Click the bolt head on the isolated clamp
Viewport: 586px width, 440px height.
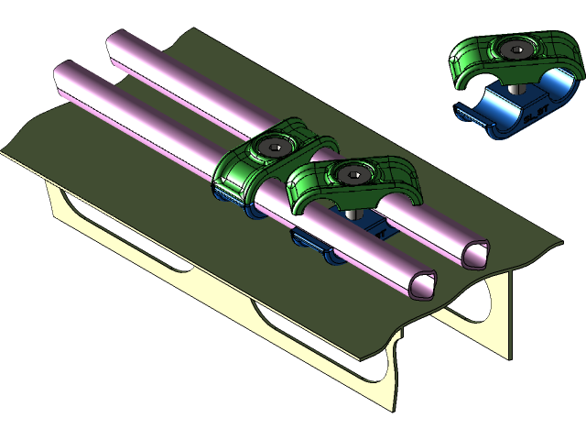518,50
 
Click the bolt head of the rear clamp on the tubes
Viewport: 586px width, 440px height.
274,147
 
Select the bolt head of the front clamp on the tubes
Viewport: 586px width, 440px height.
351,172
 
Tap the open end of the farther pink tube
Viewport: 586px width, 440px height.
476,254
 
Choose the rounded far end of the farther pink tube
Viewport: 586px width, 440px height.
116,41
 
